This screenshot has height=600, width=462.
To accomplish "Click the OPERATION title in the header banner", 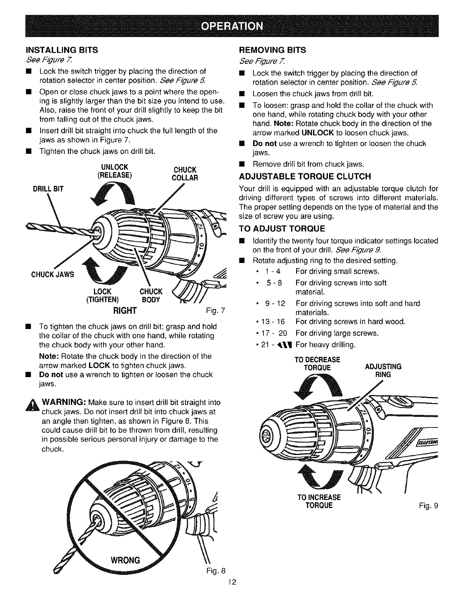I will (x=231, y=26).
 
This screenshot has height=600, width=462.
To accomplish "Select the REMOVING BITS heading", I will (x=272, y=50).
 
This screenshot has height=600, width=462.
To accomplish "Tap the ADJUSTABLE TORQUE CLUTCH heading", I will (x=305, y=176).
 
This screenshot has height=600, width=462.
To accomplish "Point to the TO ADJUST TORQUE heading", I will (x=281, y=229).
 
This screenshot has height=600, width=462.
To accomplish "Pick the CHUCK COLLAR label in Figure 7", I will (x=185, y=174).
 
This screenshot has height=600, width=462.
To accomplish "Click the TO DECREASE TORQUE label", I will (x=317, y=363).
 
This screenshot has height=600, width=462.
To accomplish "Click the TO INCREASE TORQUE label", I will (x=319, y=502).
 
